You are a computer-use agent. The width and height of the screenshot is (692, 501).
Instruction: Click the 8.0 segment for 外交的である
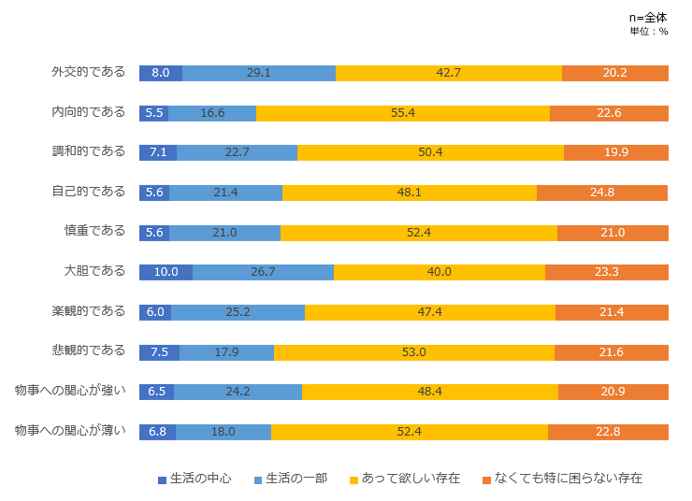tap(160, 73)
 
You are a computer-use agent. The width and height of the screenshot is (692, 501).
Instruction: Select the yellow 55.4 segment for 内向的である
tap(402, 113)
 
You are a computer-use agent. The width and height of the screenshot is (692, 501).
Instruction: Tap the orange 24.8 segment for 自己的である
tap(602, 193)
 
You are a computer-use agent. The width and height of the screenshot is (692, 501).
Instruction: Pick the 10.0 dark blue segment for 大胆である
tap(166, 272)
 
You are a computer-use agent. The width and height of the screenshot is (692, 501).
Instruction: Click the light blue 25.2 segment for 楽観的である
tap(238, 312)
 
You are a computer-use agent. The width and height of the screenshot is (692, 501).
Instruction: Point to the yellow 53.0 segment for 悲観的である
tap(413, 352)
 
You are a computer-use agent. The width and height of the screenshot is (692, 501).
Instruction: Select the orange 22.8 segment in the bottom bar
tap(608, 432)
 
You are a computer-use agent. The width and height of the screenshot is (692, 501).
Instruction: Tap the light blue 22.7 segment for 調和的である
tap(237, 152)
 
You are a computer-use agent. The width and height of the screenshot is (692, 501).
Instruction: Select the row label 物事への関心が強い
tap(70, 390)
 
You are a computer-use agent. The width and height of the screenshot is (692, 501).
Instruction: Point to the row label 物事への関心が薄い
tap(70, 430)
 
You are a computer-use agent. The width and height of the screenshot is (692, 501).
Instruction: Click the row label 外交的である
tap(88, 72)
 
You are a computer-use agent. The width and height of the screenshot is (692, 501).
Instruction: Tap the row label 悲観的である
tap(88, 351)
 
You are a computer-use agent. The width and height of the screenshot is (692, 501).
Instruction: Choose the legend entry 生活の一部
tap(291, 479)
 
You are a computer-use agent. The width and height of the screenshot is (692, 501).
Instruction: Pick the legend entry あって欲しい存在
tap(405, 479)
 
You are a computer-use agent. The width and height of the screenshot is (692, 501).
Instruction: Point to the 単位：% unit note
tap(649, 31)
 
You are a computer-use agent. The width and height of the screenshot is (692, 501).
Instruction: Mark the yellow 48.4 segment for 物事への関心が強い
tap(430, 392)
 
